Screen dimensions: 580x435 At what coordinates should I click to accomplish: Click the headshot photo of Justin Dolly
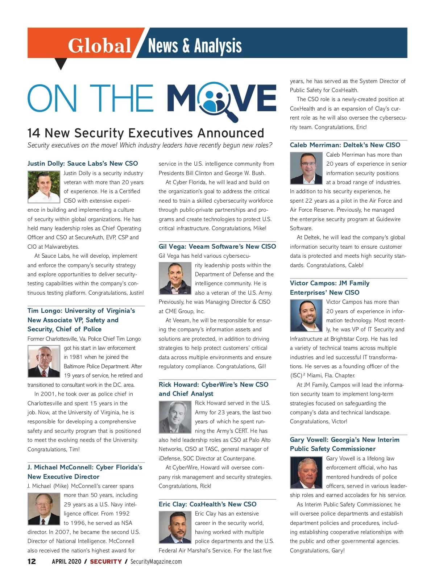point(44,187)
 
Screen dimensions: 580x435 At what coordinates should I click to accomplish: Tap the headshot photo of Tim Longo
point(44,361)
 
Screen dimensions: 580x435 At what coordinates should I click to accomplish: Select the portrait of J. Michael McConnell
point(44,509)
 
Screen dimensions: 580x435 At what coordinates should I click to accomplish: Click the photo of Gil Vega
point(175,278)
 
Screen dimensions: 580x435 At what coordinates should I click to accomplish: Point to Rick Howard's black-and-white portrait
point(175,417)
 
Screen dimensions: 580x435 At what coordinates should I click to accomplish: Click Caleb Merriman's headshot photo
point(306,168)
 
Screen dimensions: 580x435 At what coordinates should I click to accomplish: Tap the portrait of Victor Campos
point(306,316)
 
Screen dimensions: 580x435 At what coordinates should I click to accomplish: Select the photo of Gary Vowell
point(306,472)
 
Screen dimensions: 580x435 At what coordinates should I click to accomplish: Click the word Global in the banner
point(99,46)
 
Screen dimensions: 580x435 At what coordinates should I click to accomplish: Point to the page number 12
point(32,562)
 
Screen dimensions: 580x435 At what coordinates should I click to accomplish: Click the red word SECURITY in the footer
point(106,562)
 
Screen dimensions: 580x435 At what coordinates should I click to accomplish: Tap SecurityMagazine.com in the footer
point(156,562)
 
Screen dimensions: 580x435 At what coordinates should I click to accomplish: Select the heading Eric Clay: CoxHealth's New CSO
point(207,504)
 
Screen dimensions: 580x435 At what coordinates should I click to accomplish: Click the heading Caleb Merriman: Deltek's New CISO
point(345,145)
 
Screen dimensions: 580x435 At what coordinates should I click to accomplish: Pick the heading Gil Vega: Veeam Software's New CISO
point(217,246)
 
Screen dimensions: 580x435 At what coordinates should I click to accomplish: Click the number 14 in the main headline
point(34,133)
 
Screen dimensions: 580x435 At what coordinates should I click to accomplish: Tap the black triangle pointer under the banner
point(61,64)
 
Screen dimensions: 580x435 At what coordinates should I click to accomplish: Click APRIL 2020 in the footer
point(67,562)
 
